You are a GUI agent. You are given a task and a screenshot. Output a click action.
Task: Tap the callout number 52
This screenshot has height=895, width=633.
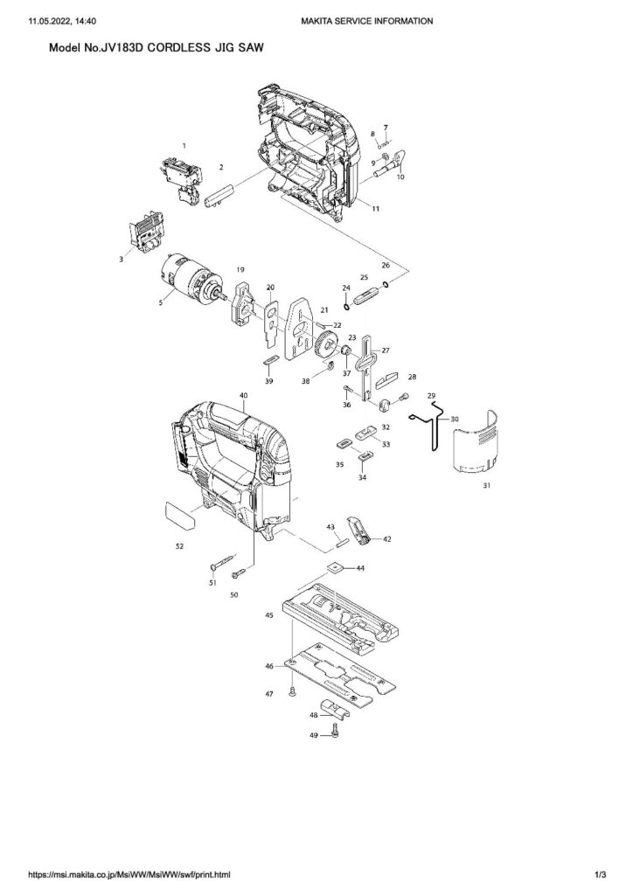[179, 545]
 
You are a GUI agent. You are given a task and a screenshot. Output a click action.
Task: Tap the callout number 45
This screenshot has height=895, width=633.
[270, 615]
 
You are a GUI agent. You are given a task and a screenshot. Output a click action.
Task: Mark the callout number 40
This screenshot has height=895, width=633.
[243, 396]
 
